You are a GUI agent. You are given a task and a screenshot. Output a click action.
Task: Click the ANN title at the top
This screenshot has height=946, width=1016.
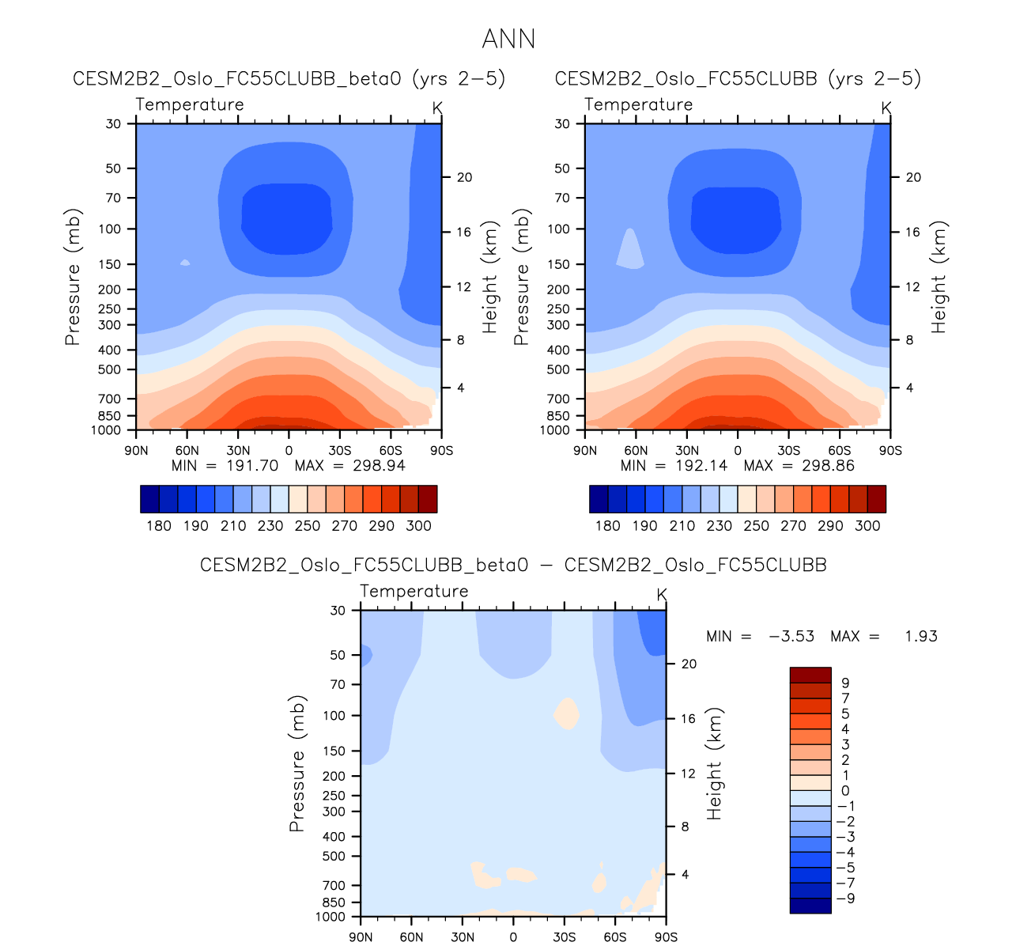pyautogui.click(x=508, y=39)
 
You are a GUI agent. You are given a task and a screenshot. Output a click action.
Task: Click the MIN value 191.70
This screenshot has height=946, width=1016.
pyautogui.click(x=252, y=465)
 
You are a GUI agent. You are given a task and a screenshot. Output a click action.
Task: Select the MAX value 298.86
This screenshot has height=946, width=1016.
pyautogui.click(x=828, y=465)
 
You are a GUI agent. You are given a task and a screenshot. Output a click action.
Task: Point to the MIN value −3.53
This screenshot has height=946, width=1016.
pyautogui.click(x=791, y=636)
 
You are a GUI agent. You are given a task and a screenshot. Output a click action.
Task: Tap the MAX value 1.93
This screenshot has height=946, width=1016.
pyautogui.click(x=921, y=636)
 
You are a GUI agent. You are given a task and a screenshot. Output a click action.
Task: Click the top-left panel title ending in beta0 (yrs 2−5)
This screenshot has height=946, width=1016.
pyautogui.click(x=289, y=78)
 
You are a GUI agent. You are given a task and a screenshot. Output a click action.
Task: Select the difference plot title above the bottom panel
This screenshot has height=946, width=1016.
pyautogui.click(x=513, y=565)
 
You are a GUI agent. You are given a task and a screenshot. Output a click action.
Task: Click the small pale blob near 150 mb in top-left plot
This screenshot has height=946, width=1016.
pyautogui.click(x=185, y=263)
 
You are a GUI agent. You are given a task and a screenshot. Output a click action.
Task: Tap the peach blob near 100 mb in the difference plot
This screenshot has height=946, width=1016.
pyautogui.click(x=566, y=713)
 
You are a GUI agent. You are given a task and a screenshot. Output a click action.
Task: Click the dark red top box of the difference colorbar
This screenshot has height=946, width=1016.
pyautogui.click(x=810, y=675)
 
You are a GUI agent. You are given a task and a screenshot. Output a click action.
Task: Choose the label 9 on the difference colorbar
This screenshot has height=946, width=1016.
pyautogui.click(x=845, y=683)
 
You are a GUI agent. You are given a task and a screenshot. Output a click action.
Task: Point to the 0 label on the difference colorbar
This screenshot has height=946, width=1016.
pyautogui.click(x=845, y=791)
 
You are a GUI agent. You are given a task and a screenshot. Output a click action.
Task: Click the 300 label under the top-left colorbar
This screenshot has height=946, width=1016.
pyautogui.click(x=418, y=526)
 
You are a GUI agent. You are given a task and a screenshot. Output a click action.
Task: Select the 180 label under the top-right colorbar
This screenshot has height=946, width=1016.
pyautogui.click(x=607, y=526)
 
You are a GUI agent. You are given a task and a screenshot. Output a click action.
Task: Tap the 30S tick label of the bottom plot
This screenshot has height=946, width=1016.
pyautogui.click(x=565, y=937)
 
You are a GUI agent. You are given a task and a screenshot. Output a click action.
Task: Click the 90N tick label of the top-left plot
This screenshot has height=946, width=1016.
pyautogui.click(x=136, y=451)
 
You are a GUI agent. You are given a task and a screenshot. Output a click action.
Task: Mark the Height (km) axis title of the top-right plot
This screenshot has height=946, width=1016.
pyautogui.click(x=939, y=276)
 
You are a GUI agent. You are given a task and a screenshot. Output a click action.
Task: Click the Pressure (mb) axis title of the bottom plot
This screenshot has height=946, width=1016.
pyautogui.click(x=296, y=763)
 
